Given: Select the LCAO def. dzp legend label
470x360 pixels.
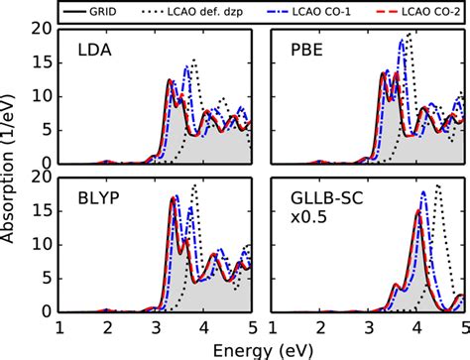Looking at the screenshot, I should tap(212, 11).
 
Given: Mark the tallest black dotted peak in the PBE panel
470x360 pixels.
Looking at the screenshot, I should tap(409, 35).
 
